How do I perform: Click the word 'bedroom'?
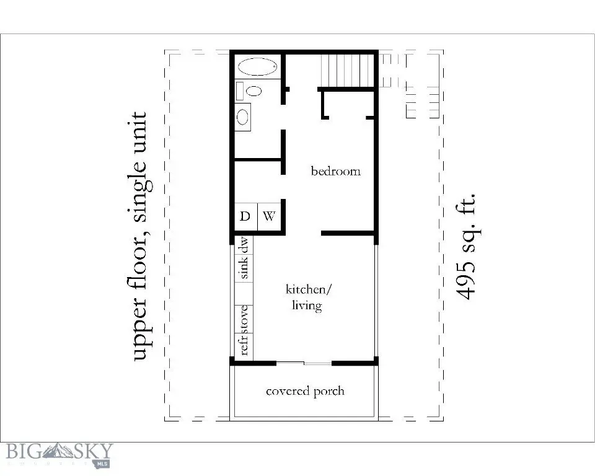point(335,170)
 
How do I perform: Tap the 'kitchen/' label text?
point(309,289)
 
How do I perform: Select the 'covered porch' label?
point(304,391)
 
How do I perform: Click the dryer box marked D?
point(245,216)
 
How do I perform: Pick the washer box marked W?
point(269,216)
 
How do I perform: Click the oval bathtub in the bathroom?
point(258,68)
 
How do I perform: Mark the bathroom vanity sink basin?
point(243,116)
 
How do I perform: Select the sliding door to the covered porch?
point(304,363)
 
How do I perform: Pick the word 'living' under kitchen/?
point(306,306)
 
